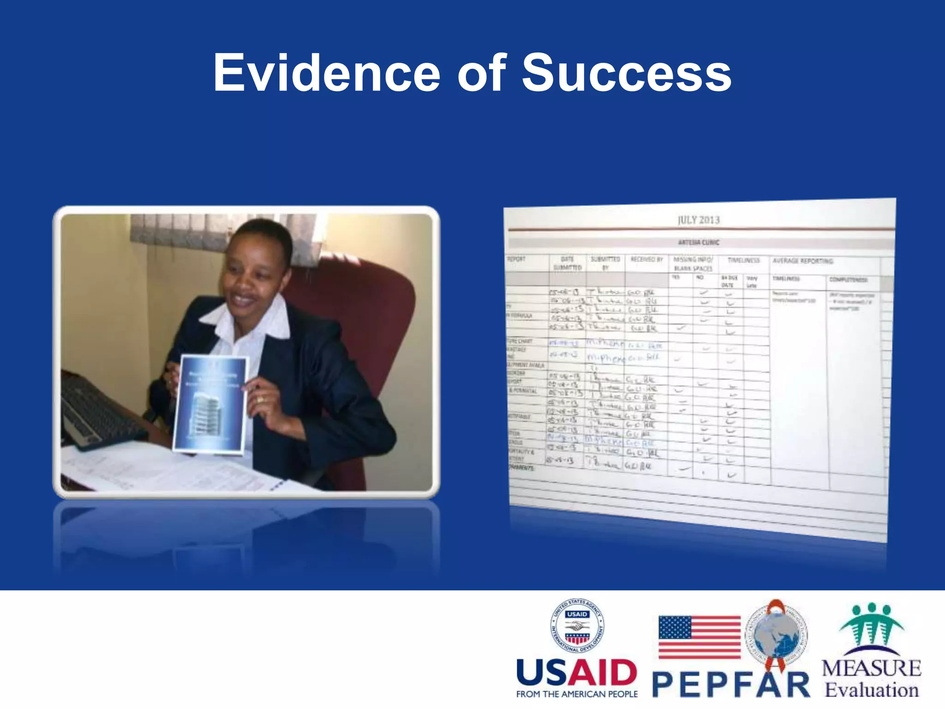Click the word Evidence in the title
click(x=326, y=73)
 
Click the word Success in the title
click(x=626, y=73)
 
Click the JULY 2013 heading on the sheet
click(x=699, y=220)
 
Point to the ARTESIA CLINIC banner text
click(x=699, y=242)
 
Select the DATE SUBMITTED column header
click(x=567, y=264)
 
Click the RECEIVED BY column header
click(x=646, y=259)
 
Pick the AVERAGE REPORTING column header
click(x=802, y=261)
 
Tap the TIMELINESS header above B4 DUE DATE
click(x=743, y=260)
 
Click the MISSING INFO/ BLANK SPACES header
click(x=693, y=264)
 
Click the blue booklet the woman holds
click(x=211, y=404)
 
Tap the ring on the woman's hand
click(x=261, y=399)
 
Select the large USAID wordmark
click(x=577, y=673)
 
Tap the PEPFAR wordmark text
click(x=731, y=685)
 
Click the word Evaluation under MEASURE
click(x=872, y=690)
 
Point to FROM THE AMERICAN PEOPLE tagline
click(x=577, y=694)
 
